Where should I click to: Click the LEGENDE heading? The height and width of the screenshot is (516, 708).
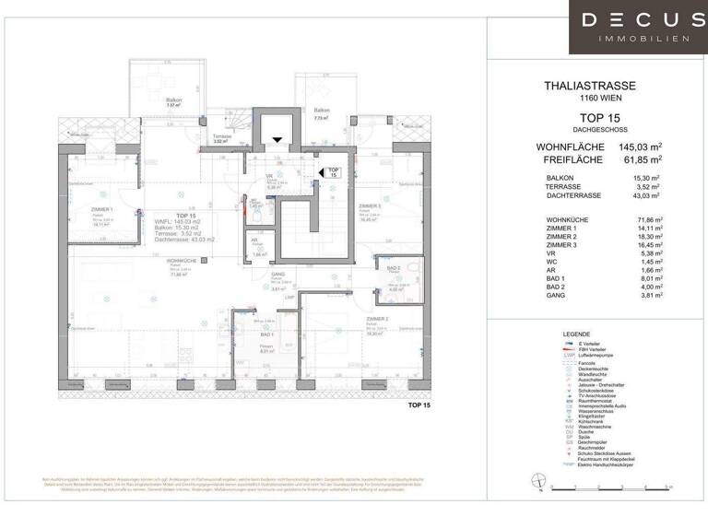pyautogui.click(x=576, y=334)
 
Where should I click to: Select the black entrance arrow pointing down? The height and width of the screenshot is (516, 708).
pyautogui.click(x=276, y=139)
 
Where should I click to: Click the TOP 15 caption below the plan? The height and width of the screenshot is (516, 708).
pyautogui.click(x=419, y=405)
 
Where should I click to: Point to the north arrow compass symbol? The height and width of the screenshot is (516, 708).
pyautogui.click(x=537, y=477)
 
